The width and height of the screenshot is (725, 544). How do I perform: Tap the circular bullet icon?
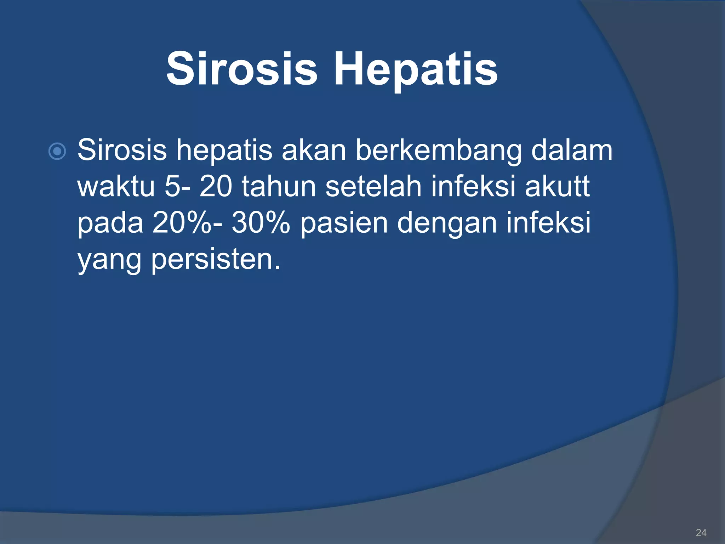[57, 152]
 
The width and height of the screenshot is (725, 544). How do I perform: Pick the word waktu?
[116, 187]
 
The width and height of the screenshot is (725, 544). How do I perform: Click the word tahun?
[279, 187]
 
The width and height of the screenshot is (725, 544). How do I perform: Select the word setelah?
[373, 187]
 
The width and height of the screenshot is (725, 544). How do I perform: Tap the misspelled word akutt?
[557, 187]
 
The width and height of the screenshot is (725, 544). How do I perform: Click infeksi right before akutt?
[473, 187]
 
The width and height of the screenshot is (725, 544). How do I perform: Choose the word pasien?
[344, 224]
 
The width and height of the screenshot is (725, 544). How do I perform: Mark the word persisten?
[216, 260]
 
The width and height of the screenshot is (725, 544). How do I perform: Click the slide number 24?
[701, 533]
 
